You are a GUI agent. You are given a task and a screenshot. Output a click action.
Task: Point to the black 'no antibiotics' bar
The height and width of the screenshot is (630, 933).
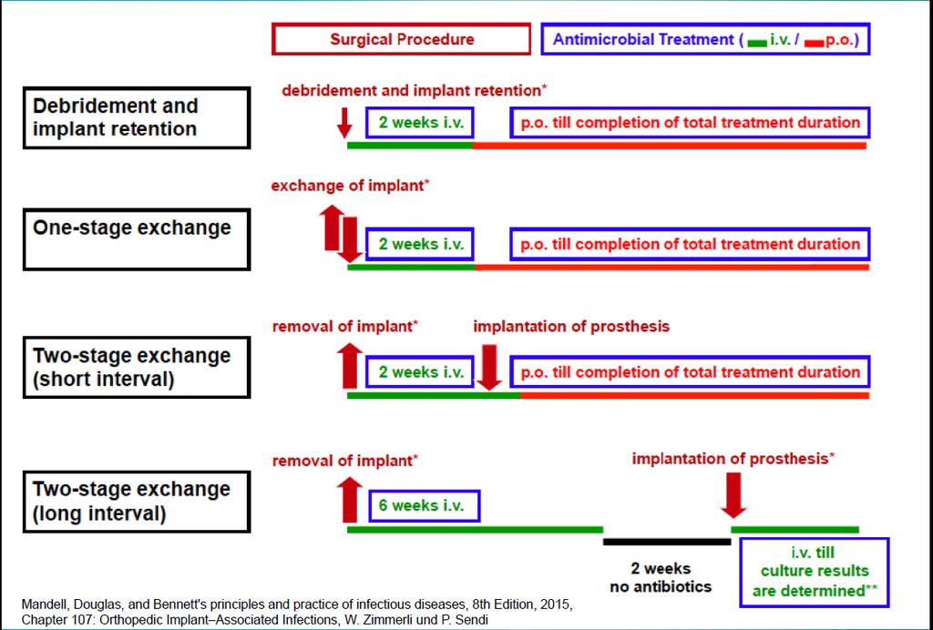coord(666,542)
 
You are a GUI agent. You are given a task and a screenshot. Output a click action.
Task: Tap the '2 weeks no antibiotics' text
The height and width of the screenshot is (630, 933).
coord(661,578)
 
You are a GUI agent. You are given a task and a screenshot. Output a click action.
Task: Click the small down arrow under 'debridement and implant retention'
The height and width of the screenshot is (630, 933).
coord(344,123)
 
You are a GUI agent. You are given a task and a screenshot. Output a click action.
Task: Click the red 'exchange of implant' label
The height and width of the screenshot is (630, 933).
coord(350,186)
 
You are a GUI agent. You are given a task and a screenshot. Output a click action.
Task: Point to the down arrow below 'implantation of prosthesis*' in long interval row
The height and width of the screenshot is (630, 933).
coord(733,495)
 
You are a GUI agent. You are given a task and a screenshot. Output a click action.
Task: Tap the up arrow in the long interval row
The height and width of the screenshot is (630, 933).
coord(350,499)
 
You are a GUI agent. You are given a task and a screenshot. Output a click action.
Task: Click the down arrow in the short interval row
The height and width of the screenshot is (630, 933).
coord(489,367)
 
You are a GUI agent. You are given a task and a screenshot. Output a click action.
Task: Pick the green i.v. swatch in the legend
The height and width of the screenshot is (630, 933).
coord(757,44)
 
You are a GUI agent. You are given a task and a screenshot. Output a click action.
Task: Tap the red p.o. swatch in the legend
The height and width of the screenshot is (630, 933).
coord(814,44)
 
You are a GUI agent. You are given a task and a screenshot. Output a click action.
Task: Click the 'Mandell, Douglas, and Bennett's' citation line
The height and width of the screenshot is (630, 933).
coord(297,605)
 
